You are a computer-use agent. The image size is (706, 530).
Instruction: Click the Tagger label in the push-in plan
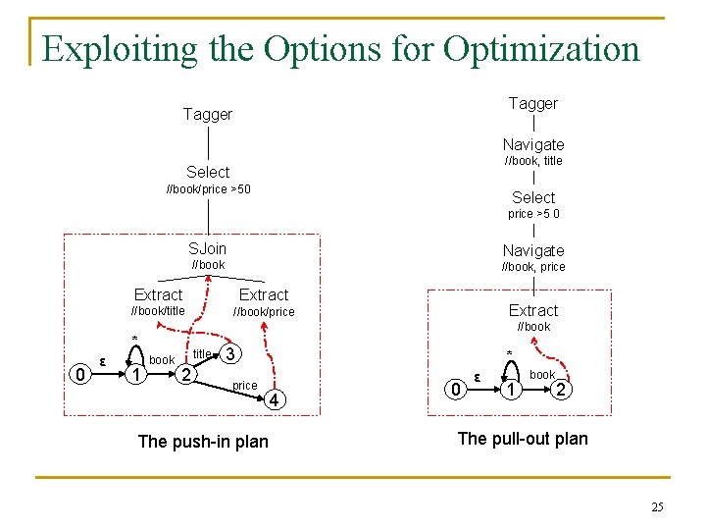(208, 115)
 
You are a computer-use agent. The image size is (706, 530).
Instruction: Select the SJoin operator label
(208, 249)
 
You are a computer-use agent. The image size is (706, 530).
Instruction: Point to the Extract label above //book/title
(158, 294)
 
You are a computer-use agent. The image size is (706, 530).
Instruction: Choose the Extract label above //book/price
(264, 294)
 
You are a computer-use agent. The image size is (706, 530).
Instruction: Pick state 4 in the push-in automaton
(277, 400)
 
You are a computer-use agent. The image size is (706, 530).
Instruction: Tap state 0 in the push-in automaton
(78, 374)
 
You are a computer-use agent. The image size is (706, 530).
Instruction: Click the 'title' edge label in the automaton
(202, 354)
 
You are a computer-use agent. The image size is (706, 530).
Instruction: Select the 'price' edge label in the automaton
(245, 386)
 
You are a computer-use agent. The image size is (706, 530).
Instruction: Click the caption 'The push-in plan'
(203, 442)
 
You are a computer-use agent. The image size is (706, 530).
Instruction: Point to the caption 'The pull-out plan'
(524, 439)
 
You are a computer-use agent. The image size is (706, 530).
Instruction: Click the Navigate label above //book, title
(533, 144)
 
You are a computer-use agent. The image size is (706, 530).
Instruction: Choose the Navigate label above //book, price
(533, 250)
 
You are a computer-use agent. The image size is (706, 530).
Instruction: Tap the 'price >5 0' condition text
(533, 214)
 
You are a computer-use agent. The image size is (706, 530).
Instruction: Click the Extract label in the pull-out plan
(533, 310)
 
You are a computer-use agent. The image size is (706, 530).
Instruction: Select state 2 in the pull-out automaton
(560, 391)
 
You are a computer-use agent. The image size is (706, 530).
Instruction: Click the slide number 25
(657, 506)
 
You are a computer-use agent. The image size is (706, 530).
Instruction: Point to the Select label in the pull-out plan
(533, 197)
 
